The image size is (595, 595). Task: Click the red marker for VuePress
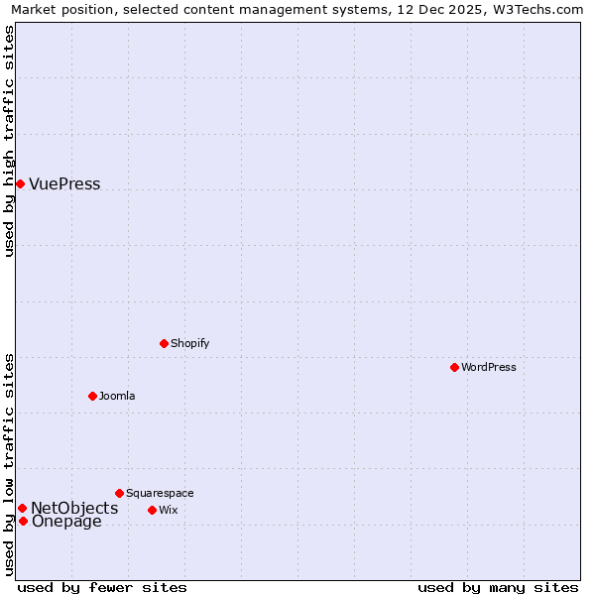tap(20, 183)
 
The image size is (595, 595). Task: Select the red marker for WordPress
tap(454, 367)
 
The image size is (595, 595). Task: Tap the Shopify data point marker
tap(164, 343)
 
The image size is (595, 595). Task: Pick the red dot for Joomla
tap(92, 396)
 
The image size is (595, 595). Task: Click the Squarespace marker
tap(119, 493)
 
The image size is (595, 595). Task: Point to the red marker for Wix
tap(152, 510)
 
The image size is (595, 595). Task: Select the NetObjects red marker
tap(22, 508)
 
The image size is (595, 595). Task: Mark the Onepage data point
tap(23, 521)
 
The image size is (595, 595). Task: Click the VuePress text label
tap(64, 184)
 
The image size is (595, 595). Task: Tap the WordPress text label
tap(489, 367)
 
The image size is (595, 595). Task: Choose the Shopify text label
tap(189, 343)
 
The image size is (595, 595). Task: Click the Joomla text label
tap(117, 396)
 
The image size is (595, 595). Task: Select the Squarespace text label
tap(160, 493)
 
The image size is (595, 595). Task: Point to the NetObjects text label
tap(74, 508)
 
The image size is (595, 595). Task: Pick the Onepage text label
tap(66, 522)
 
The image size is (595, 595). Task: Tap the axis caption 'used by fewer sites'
tap(102, 587)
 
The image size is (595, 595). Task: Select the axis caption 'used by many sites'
tap(498, 587)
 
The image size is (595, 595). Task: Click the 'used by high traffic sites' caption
tap(9, 141)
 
